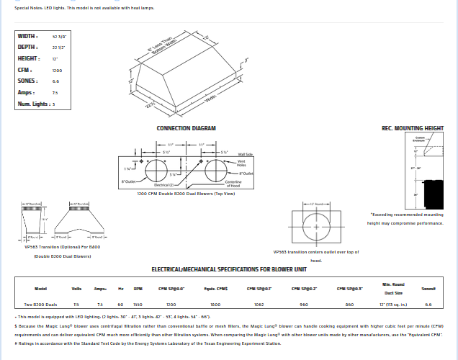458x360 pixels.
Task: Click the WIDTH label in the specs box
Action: pyautogui.click(x=28, y=35)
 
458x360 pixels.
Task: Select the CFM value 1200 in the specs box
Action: pyautogui.click(x=57, y=70)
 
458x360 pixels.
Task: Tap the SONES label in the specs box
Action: pyautogui.click(x=28, y=81)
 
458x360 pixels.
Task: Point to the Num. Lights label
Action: pyautogui.click(x=33, y=104)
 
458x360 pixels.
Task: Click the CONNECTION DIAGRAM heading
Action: pyautogui.click(x=187, y=128)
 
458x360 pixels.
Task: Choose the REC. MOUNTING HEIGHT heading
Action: pyautogui.click(x=412, y=128)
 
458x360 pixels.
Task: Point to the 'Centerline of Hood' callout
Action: pyautogui.click(x=253, y=184)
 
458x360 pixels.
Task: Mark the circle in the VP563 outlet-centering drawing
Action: pyautogui.click(x=315, y=228)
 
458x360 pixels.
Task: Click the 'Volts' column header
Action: pyautogui.click(x=76, y=289)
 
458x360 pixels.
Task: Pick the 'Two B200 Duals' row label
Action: pyautogui.click(x=40, y=305)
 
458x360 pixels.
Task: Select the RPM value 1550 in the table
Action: pyautogui.click(x=138, y=305)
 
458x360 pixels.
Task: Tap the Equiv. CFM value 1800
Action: pyautogui.click(x=215, y=305)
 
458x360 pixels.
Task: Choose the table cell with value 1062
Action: pyautogui.click(x=259, y=305)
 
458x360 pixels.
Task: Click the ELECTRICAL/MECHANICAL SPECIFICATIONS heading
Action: pyautogui.click(x=229, y=269)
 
